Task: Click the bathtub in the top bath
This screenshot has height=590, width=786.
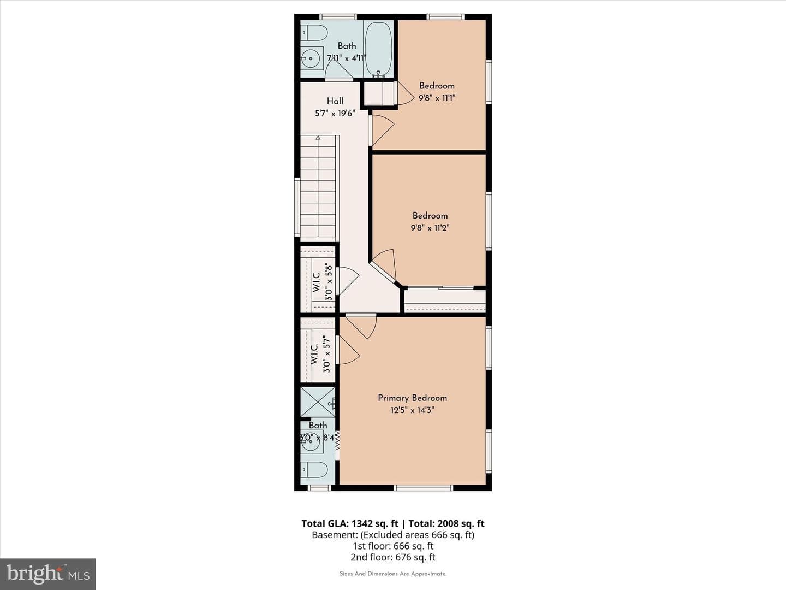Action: tap(378, 49)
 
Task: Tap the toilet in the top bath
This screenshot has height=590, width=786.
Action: tap(314, 34)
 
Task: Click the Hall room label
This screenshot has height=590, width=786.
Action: tap(335, 101)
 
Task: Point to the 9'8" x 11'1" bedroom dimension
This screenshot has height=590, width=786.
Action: tap(437, 98)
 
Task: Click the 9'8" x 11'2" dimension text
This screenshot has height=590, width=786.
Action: tap(430, 227)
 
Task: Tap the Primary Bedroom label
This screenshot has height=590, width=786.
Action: tap(413, 398)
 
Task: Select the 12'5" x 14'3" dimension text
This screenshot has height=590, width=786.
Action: tap(413, 410)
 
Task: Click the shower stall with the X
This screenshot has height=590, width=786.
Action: tap(318, 402)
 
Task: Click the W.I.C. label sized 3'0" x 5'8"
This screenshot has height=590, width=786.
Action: tap(317, 282)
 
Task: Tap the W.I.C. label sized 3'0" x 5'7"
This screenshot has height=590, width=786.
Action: tap(314, 355)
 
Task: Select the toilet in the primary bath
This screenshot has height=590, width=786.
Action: tap(314, 470)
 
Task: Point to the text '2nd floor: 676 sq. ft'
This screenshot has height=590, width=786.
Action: tap(393, 557)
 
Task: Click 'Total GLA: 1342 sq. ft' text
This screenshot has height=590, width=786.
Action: tap(350, 524)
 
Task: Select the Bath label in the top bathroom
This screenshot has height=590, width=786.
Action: tap(347, 46)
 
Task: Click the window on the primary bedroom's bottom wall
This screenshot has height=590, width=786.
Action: tap(423, 487)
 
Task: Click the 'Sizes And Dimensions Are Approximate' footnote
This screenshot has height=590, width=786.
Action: tap(393, 574)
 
